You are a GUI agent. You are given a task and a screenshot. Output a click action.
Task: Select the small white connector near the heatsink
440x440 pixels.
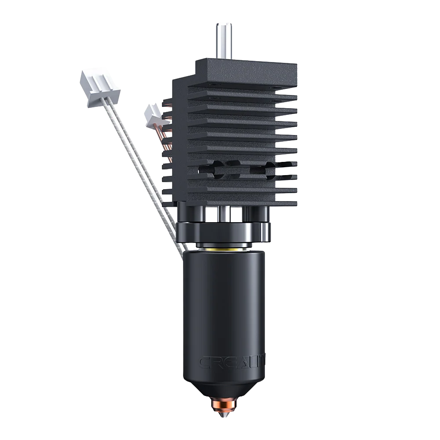pos(153,114)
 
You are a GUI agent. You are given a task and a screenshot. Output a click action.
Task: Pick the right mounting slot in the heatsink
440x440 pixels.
pos(269,169)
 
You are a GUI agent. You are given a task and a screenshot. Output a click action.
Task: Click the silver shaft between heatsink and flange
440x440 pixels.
pos(224,214)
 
